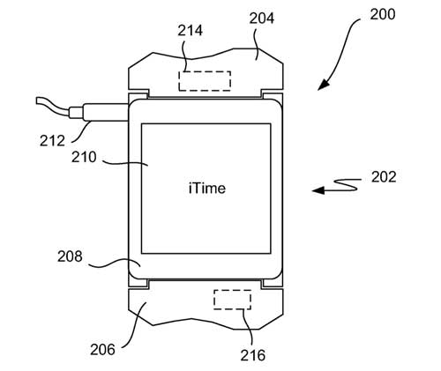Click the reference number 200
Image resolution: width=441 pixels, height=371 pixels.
point(383,14)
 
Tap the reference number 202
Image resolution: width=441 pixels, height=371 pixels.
point(384,177)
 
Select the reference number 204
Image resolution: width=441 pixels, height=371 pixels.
point(262,19)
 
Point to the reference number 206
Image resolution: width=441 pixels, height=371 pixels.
point(102,350)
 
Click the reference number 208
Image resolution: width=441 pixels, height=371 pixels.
point(70,256)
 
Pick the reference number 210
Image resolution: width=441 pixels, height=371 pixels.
point(84,157)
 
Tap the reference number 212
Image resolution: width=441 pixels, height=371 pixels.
point(52,141)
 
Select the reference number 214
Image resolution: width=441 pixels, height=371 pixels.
point(190,31)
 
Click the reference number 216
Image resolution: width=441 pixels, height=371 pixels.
point(253,355)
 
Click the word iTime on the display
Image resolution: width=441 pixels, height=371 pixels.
point(207,189)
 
